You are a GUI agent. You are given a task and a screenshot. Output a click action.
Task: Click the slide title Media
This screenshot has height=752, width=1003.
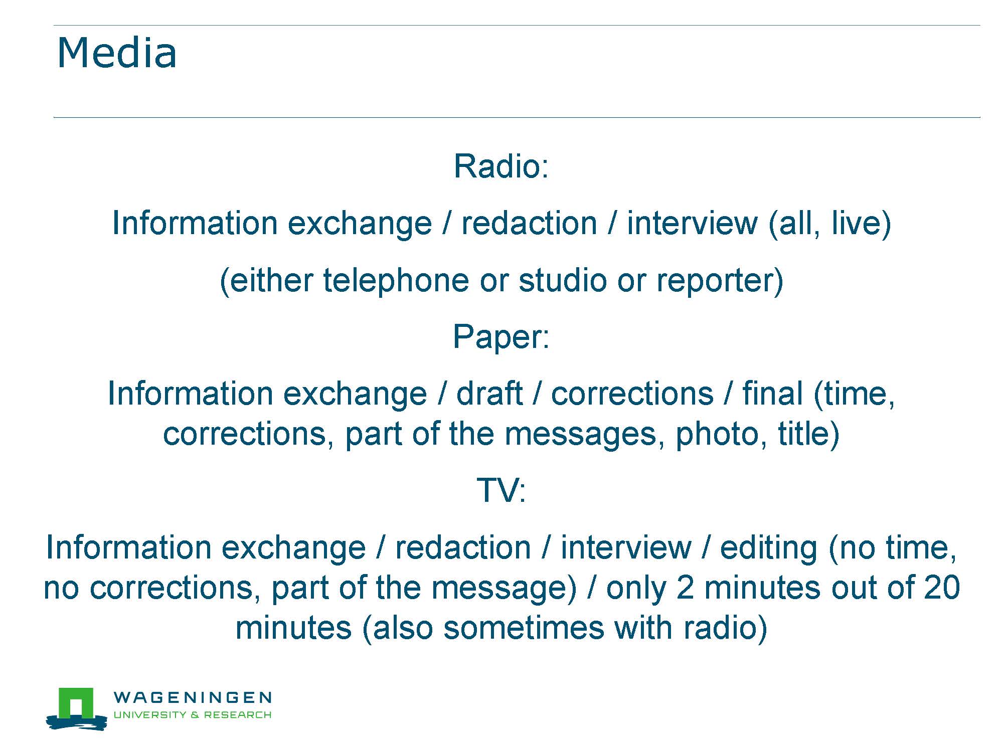click(117, 53)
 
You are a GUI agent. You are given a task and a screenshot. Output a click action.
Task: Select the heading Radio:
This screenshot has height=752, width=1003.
click(501, 166)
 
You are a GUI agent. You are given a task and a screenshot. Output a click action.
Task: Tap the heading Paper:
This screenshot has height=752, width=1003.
click(501, 337)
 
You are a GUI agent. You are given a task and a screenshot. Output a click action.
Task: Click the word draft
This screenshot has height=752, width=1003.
click(489, 393)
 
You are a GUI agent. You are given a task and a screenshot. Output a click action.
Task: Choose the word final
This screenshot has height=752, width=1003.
click(772, 393)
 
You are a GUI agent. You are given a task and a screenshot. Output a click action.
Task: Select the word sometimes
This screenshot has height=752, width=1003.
click(524, 628)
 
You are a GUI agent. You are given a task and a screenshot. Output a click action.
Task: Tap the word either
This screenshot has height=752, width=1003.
click(271, 280)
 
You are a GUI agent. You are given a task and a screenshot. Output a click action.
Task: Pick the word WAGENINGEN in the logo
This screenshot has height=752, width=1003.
click(193, 697)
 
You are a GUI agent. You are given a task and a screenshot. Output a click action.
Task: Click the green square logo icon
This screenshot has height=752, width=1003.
click(76, 703)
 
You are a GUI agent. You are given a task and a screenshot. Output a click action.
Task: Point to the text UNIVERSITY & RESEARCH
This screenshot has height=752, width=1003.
click(193, 714)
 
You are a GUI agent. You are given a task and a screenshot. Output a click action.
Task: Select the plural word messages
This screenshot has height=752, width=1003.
click(580, 434)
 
